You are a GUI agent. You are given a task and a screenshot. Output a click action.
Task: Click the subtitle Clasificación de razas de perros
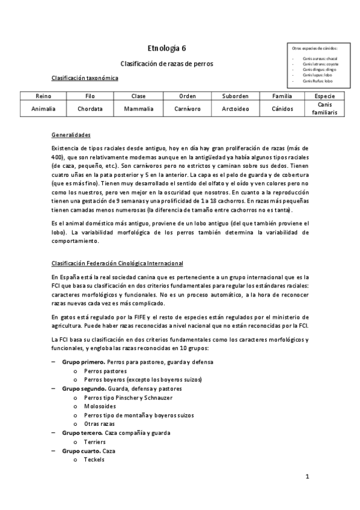click(166, 63)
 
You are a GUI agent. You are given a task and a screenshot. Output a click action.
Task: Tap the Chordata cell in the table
click(90, 109)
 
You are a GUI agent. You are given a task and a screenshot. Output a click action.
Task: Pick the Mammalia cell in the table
click(139, 109)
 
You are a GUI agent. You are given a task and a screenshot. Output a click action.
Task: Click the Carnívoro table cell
click(188, 109)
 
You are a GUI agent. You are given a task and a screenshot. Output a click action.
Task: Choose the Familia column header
click(282, 96)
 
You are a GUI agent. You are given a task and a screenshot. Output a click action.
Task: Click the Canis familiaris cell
click(325, 109)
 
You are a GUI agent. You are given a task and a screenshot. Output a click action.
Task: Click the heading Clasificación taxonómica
click(85, 78)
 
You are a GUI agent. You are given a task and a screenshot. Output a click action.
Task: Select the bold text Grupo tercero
click(82, 432)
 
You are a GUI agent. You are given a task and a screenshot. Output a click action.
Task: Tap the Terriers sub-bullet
click(96, 441)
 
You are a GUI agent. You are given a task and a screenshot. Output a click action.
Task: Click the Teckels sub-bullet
click(94, 459)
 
